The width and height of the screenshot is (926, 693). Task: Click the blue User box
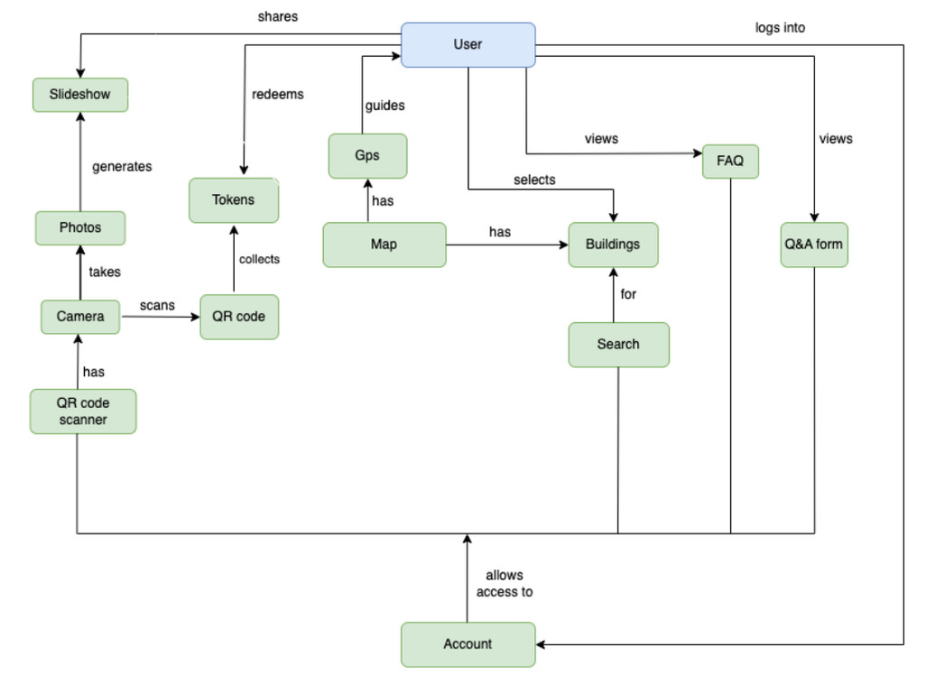pyautogui.click(x=468, y=45)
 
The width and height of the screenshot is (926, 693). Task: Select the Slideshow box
pyautogui.click(x=80, y=95)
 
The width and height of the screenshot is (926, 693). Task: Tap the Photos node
pyautogui.click(x=80, y=228)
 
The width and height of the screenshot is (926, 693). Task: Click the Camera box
pyautogui.click(x=80, y=317)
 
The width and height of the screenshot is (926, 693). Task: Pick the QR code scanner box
pyautogui.click(x=83, y=411)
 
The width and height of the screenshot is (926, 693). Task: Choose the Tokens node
pyautogui.click(x=234, y=200)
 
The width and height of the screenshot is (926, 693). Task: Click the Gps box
pyautogui.click(x=368, y=156)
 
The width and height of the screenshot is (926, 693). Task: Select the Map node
pyautogui.click(x=384, y=245)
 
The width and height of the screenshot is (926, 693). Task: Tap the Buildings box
pyautogui.click(x=613, y=245)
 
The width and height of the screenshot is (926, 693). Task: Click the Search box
pyautogui.click(x=619, y=345)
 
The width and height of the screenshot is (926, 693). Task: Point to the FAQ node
pyautogui.click(x=730, y=162)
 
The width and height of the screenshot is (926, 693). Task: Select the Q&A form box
pyautogui.click(x=814, y=245)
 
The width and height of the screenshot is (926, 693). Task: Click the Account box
pyautogui.click(x=468, y=644)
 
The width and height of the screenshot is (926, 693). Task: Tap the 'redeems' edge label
pyautogui.click(x=278, y=95)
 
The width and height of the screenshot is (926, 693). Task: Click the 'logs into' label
pyautogui.click(x=780, y=28)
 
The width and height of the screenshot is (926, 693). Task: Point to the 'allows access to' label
pyautogui.click(x=505, y=583)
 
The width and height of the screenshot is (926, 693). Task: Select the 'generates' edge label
pyautogui.click(x=122, y=166)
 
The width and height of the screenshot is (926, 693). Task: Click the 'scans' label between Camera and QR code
pyautogui.click(x=157, y=305)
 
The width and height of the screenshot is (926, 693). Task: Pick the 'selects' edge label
pyautogui.click(x=534, y=180)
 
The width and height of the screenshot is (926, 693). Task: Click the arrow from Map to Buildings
pyautogui.click(x=507, y=245)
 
